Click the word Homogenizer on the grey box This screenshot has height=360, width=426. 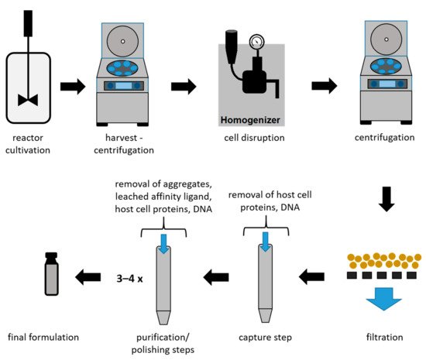click(x=250, y=120)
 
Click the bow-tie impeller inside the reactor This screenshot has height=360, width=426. click(x=28, y=100)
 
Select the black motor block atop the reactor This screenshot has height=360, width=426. click(x=28, y=23)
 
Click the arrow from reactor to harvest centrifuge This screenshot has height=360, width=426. click(x=73, y=87)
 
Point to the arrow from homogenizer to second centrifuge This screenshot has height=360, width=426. click(x=325, y=86)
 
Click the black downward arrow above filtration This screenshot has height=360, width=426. click(x=386, y=199)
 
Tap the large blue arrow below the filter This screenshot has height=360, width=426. click(x=384, y=299)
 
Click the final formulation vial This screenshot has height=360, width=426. click(x=51, y=273)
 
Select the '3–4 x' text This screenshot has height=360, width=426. click(x=129, y=279)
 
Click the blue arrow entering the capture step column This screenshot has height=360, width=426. click(x=266, y=242)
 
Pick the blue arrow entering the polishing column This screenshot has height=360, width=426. click(x=163, y=244)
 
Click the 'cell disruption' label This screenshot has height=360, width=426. click(x=254, y=138)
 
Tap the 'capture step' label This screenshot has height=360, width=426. click(x=266, y=338)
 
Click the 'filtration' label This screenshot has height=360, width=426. click(x=385, y=338)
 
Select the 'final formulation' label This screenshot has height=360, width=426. click(x=43, y=338)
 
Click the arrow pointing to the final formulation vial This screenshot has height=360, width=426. click(x=88, y=277)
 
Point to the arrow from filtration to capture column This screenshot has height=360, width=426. click(x=311, y=276)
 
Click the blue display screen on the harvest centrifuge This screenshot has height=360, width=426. click(x=124, y=86)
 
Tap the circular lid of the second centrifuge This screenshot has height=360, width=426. click(x=386, y=39)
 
